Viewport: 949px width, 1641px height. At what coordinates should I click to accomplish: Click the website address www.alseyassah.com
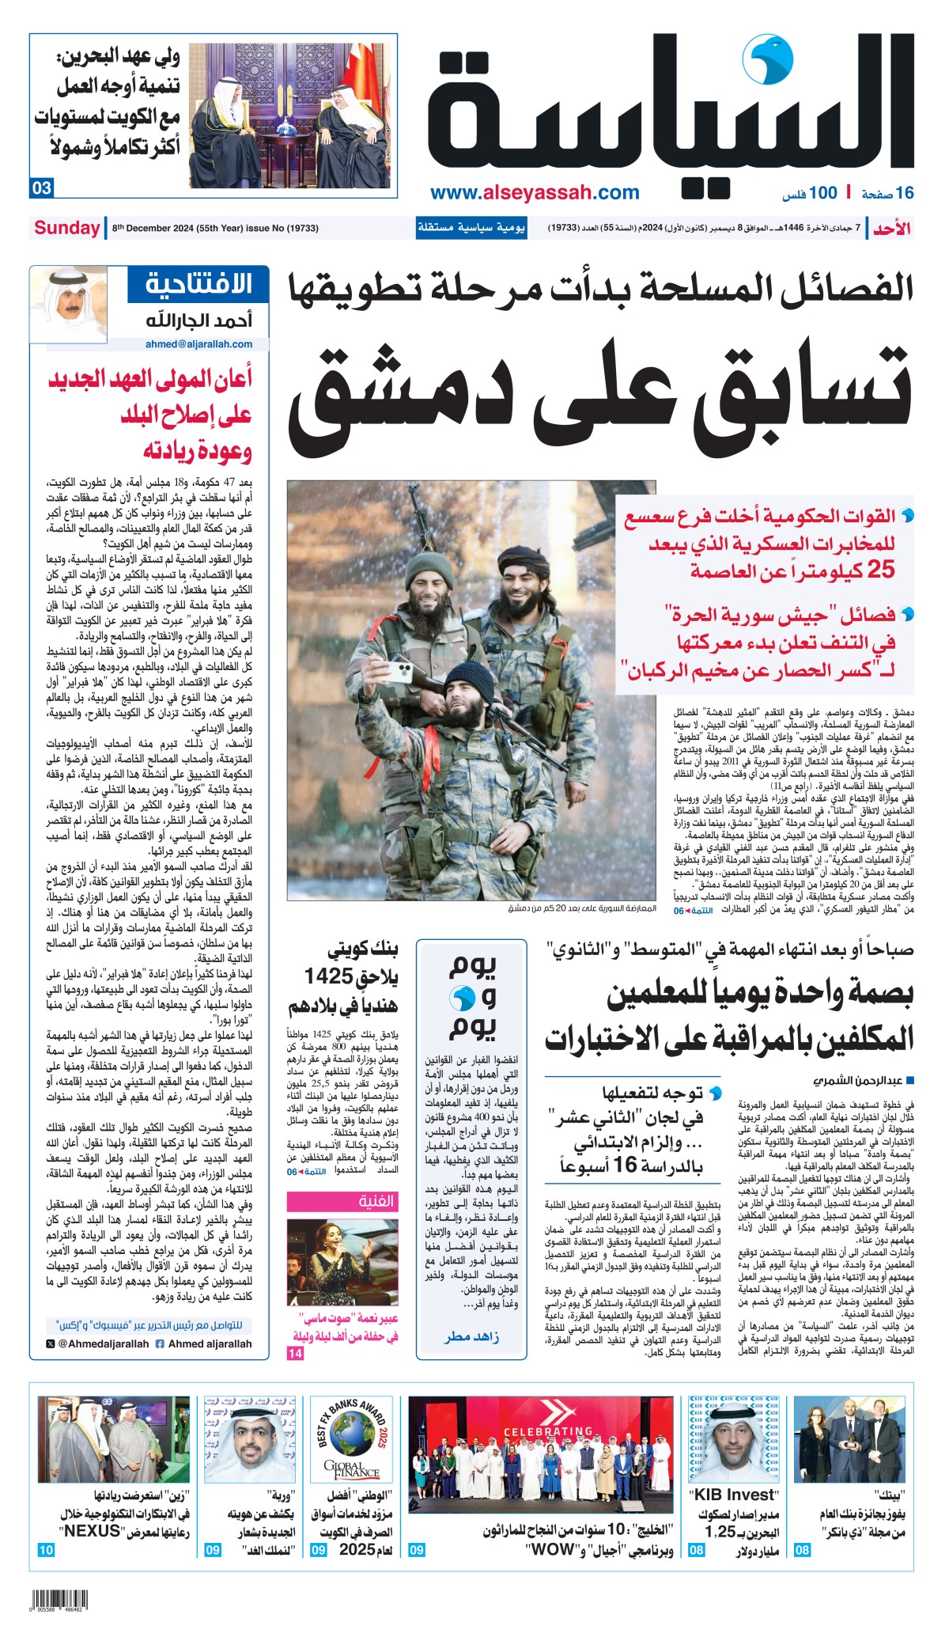click(x=535, y=192)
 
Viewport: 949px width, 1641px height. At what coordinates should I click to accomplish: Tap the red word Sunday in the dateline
click(x=66, y=228)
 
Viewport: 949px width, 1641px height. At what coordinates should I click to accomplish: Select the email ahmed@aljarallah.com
click(x=198, y=344)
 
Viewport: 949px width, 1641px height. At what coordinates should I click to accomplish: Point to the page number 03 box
click(x=42, y=188)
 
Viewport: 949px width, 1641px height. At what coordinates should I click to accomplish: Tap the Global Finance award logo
click(x=352, y=1446)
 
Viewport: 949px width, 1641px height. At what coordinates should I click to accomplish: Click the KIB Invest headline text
click(x=734, y=1495)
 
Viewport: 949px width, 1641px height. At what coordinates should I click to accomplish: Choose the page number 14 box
click(x=295, y=1354)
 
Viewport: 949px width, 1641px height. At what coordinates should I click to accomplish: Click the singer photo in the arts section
click(x=342, y=1262)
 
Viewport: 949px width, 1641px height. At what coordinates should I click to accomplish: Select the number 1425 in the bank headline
click(x=328, y=977)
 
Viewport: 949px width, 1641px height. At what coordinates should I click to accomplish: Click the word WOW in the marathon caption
click(x=553, y=1549)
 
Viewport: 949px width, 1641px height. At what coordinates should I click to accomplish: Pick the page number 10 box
click(x=46, y=1550)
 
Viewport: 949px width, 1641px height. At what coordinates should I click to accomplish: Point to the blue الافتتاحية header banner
click(x=198, y=283)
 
